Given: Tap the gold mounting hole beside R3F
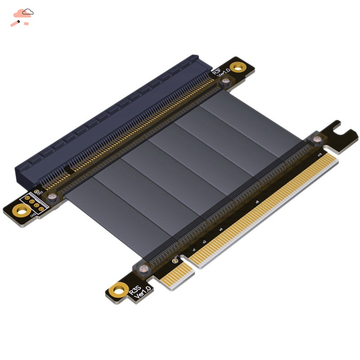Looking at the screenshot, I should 237,69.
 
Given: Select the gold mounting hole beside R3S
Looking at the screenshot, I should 120,288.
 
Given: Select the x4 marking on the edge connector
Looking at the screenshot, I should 221,229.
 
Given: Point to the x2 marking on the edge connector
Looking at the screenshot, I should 204,242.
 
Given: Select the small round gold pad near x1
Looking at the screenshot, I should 175,261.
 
